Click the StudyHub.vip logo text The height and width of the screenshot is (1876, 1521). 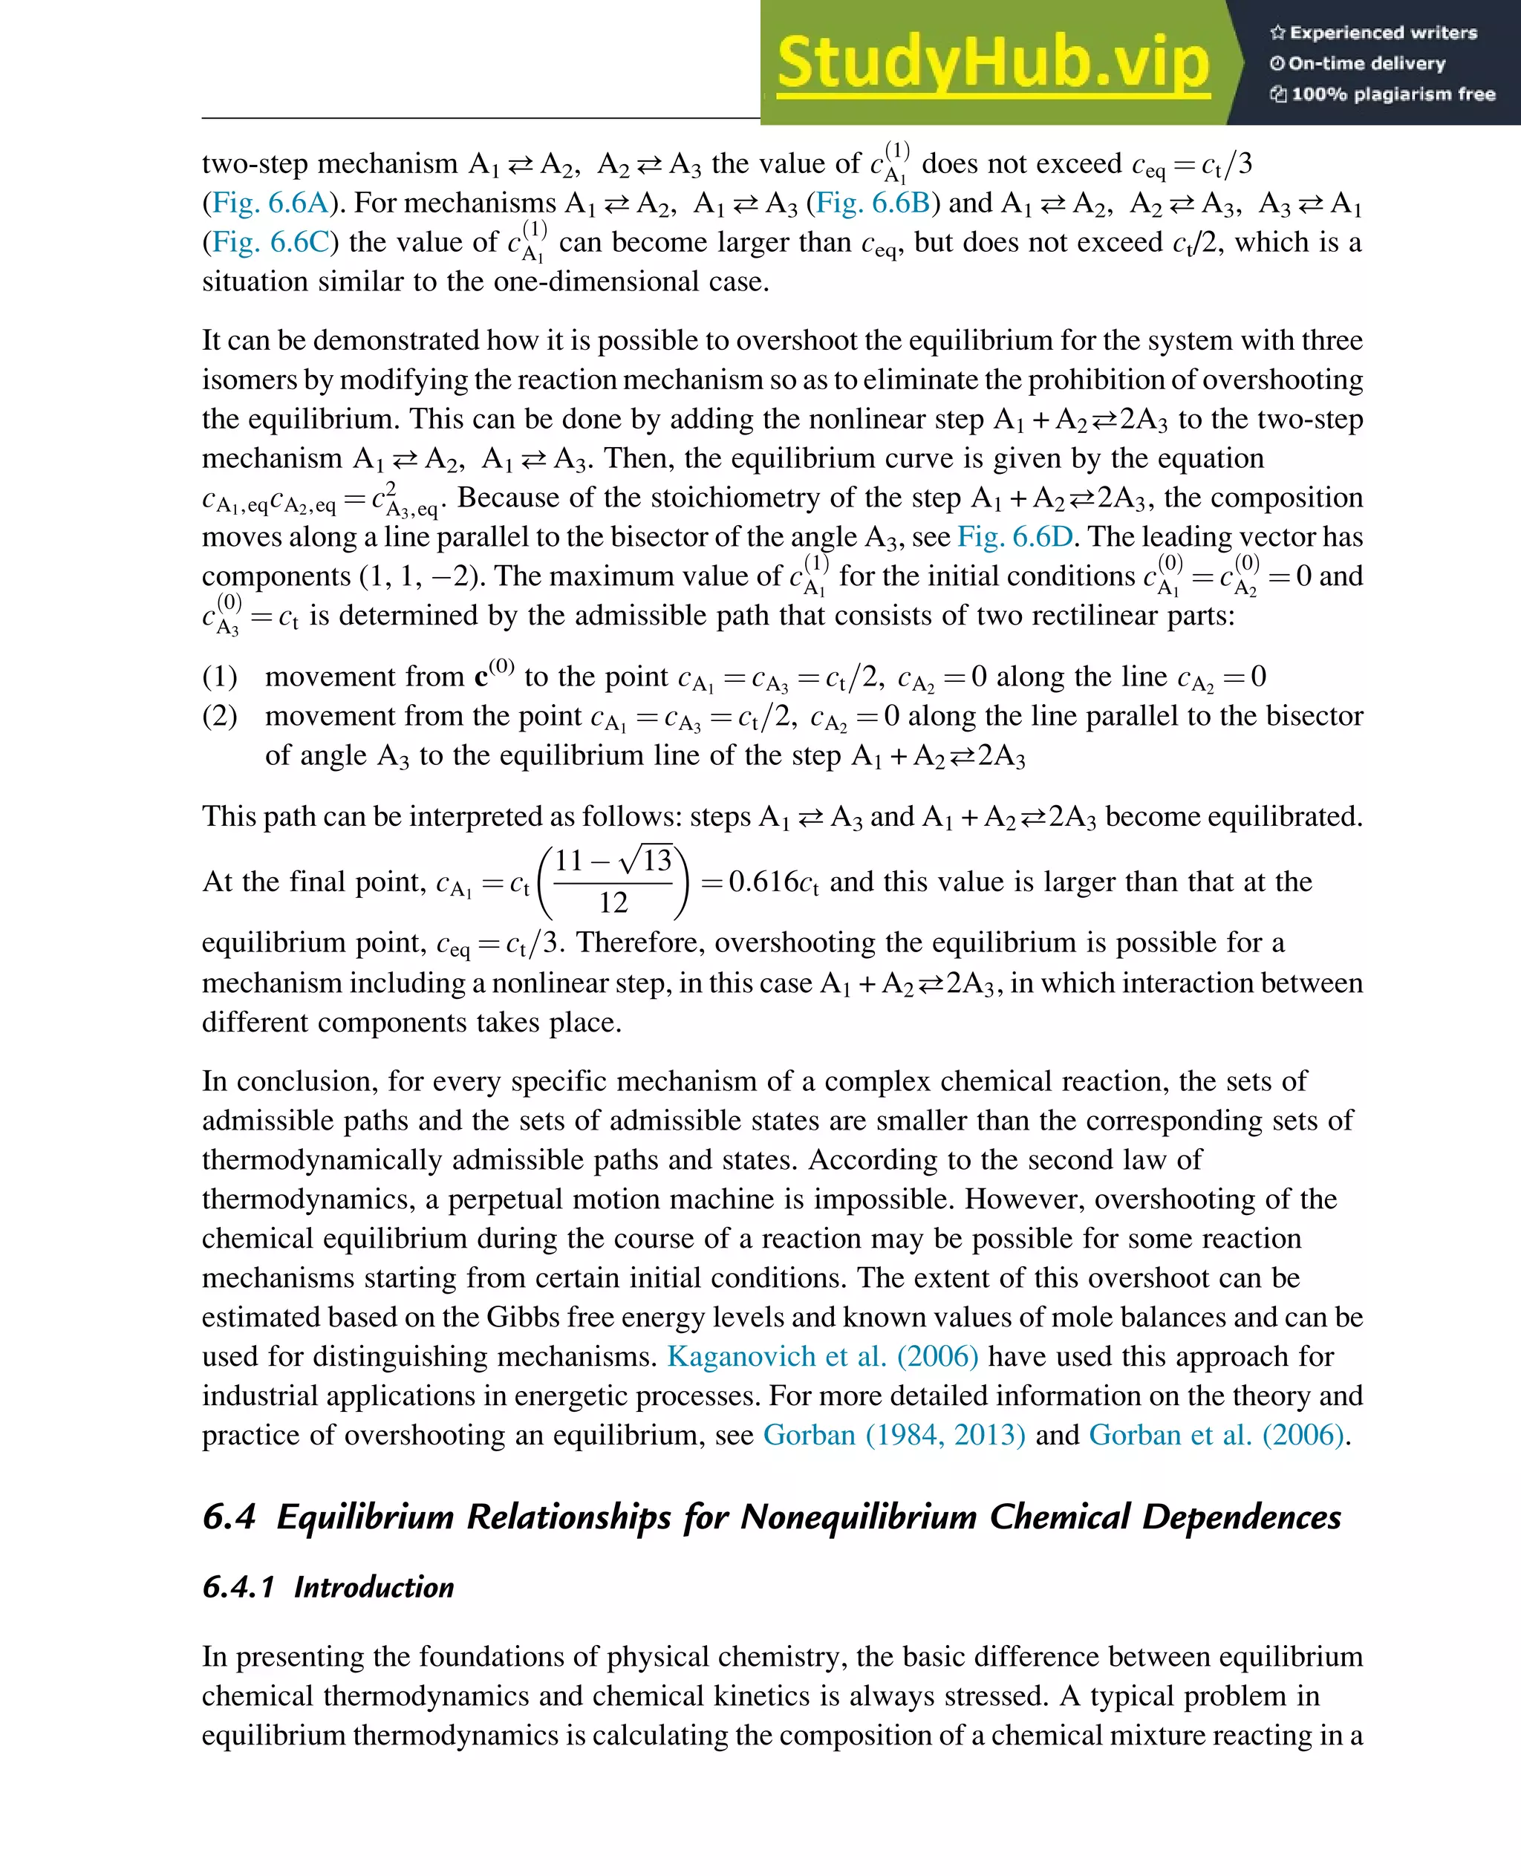[993, 63]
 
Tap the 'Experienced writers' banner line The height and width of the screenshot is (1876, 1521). [1373, 33]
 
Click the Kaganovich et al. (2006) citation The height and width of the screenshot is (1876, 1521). [822, 1356]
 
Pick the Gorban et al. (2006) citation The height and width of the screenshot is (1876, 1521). [1216, 1436]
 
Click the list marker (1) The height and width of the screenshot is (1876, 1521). [219, 677]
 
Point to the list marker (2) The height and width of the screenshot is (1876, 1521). [219, 716]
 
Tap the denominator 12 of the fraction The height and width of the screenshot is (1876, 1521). [613, 902]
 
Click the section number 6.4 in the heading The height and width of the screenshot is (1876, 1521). [229, 1517]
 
